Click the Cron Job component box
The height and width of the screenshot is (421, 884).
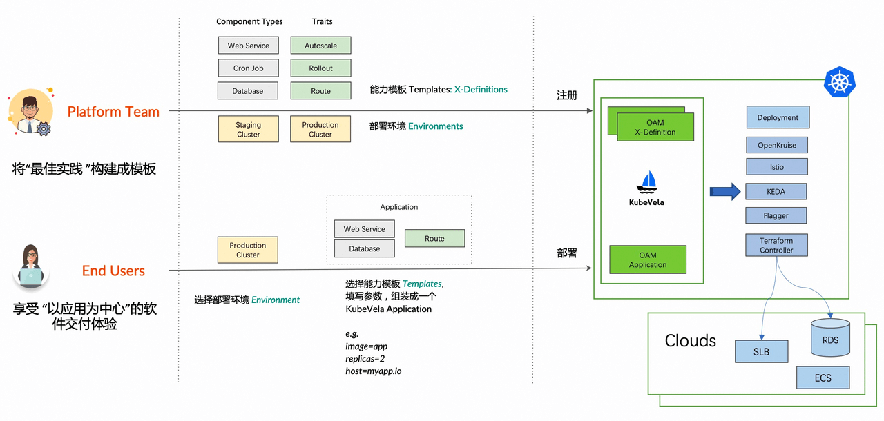click(x=248, y=68)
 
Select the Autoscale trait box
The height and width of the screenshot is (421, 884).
click(x=321, y=46)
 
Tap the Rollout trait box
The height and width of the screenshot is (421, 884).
click(x=321, y=68)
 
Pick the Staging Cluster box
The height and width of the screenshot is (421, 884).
click(x=248, y=129)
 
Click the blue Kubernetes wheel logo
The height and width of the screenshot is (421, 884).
click(x=839, y=81)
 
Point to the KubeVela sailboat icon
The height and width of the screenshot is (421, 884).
click(x=646, y=182)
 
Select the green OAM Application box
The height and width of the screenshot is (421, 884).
click(x=648, y=260)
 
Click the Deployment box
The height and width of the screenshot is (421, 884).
click(x=778, y=117)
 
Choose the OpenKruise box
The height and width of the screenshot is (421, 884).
click(x=777, y=145)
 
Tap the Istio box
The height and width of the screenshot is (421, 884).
click(x=777, y=166)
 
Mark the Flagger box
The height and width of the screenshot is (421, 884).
click(x=776, y=215)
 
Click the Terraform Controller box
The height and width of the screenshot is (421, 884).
click(x=776, y=245)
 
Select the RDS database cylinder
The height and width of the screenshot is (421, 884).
click(x=830, y=337)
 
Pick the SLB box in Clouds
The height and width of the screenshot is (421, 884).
click(x=761, y=351)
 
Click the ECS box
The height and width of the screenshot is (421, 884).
click(x=823, y=378)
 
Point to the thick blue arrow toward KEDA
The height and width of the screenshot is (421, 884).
click(x=725, y=192)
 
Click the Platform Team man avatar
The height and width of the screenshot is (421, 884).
click(x=31, y=112)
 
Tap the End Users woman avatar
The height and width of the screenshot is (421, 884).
click(x=31, y=267)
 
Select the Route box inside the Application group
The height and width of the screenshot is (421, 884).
click(x=434, y=238)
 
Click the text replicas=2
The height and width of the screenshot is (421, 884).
click(x=365, y=359)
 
